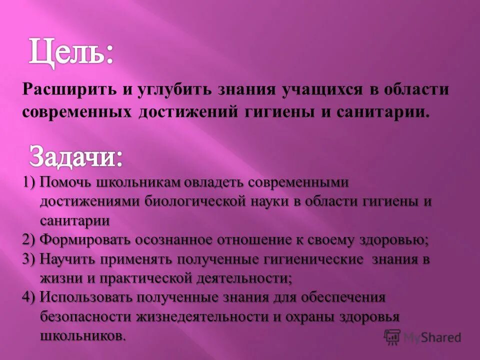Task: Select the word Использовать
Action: coord(91,297)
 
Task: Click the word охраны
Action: coord(331,316)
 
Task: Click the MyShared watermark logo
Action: coord(422,337)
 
